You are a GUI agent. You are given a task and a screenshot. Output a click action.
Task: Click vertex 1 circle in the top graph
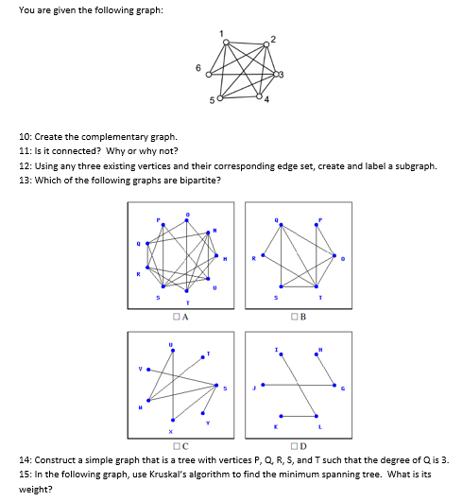(x=223, y=43)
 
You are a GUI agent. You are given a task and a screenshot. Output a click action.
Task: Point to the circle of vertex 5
(x=221, y=97)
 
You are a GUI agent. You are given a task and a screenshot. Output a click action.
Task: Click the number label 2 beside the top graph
(x=274, y=38)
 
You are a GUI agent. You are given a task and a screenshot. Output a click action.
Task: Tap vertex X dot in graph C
(x=171, y=421)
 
